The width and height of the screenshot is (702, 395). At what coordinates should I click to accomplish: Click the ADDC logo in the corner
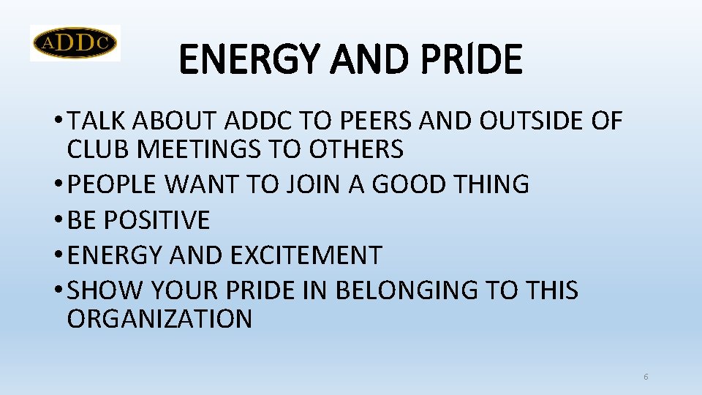point(75,43)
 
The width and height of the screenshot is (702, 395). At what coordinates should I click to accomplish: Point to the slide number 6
point(646,377)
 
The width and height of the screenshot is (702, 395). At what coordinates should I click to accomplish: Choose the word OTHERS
point(356,149)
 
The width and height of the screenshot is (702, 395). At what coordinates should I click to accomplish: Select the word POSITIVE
point(158,219)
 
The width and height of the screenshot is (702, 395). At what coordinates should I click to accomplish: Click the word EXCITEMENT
point(306,255)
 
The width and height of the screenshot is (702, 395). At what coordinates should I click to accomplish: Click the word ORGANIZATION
point(159,319)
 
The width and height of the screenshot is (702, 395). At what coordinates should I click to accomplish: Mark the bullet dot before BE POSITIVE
point(58,220)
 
